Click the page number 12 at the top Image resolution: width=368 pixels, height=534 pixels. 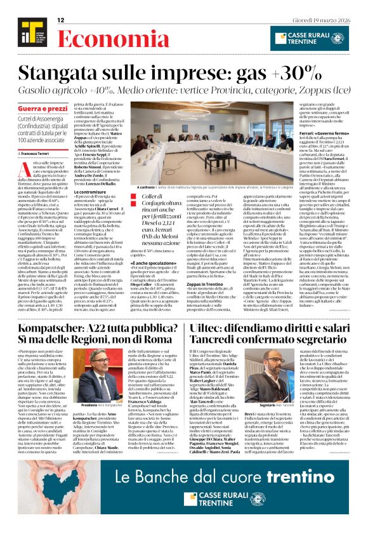pos(61,20)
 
